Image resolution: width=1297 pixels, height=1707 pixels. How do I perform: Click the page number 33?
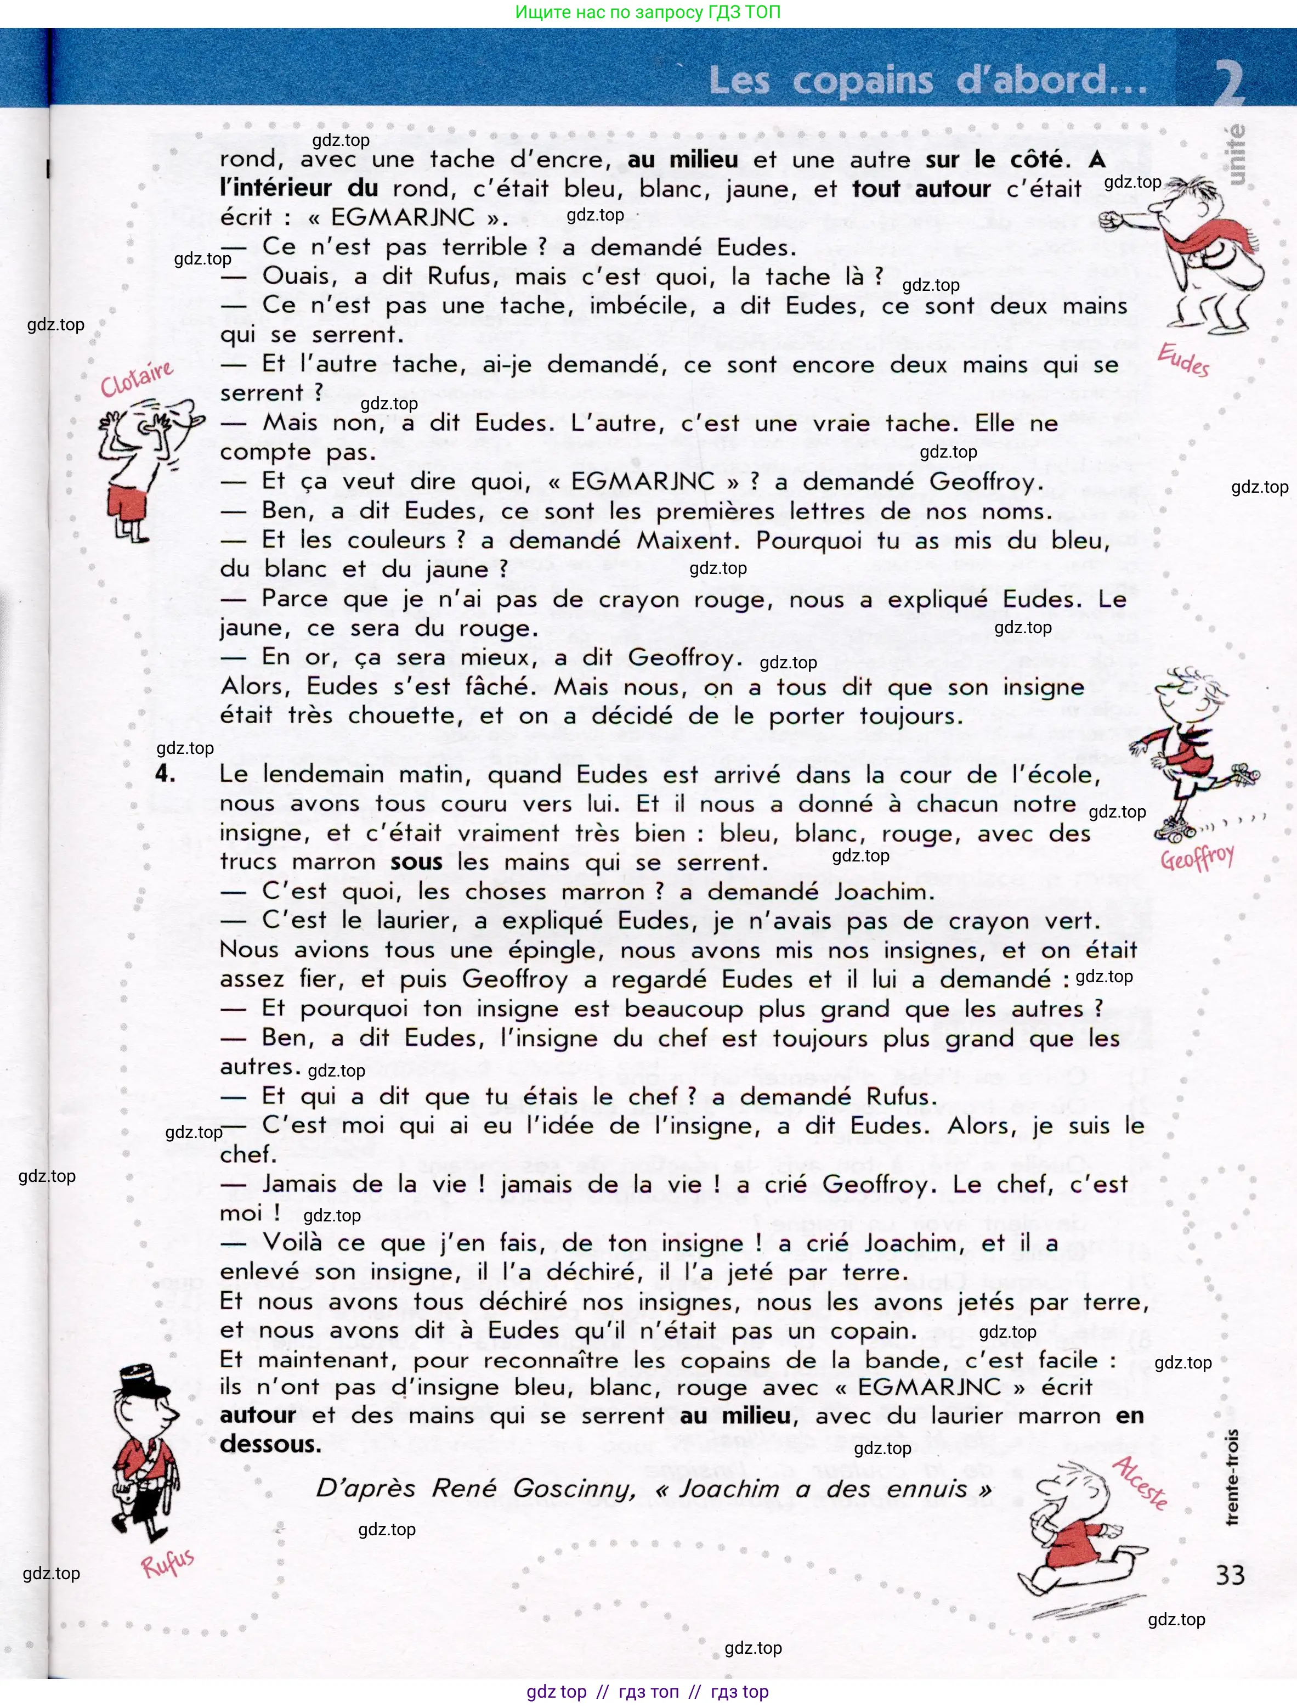(x=1230, y=1574)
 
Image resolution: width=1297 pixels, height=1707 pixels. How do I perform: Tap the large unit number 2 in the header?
(x=1229, y=83)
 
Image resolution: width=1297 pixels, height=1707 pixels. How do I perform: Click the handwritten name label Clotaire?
(x=137, y=377)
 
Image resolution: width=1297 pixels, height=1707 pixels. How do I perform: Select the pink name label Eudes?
(x=1183, y=360)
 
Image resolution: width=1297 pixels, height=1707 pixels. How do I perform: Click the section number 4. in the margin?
(x=165, y=773)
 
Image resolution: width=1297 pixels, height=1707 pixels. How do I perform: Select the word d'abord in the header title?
(x=1051, y=80)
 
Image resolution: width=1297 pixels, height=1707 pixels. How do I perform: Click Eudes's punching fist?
(x=1112, y=220)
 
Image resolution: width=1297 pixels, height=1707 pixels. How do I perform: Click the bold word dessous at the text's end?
(x=270, y=1444)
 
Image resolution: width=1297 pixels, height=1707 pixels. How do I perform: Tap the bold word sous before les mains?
(x=416, y=862)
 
